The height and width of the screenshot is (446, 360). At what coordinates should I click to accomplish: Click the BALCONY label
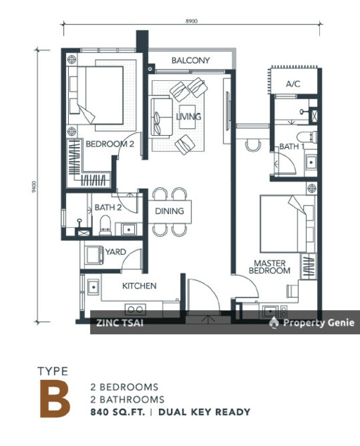tap(191, 60)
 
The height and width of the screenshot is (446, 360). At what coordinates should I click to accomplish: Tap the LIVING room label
tap(188, 116)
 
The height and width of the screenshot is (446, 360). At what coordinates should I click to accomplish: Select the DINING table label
tap(169, 211)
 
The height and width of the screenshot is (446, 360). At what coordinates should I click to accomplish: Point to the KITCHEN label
tap(139, 286)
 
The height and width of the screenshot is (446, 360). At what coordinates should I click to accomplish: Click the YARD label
tap(115, 252)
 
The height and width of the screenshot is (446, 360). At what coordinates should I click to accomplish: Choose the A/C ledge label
tap(293, 84)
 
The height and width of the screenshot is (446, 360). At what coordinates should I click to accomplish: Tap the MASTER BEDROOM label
tap(269, 267)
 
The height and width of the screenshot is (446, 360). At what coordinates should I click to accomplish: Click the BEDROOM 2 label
tap(110, 144)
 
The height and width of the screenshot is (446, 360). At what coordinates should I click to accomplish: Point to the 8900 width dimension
tap(192, 21)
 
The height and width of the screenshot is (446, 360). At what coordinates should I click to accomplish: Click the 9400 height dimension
tap(34, 187)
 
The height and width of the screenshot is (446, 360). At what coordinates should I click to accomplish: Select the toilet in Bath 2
tap(105, 226)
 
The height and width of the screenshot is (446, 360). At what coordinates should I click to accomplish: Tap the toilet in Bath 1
tap(307, 136)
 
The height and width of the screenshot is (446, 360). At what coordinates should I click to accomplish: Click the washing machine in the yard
tap(94, 255)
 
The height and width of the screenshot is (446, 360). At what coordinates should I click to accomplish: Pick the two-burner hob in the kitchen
tap(136, 310)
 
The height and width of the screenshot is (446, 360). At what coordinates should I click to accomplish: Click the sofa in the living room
tap(162, 117)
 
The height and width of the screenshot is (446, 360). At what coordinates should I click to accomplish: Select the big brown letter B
tap(55, 398)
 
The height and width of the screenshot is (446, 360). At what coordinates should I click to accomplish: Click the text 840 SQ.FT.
tap(117, 412)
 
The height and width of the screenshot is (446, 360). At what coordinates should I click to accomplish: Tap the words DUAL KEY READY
tap(204, 412)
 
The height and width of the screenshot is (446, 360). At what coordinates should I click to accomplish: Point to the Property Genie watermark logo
tap(274, 323)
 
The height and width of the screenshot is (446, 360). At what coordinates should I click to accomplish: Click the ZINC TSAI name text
tap(120, 323)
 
